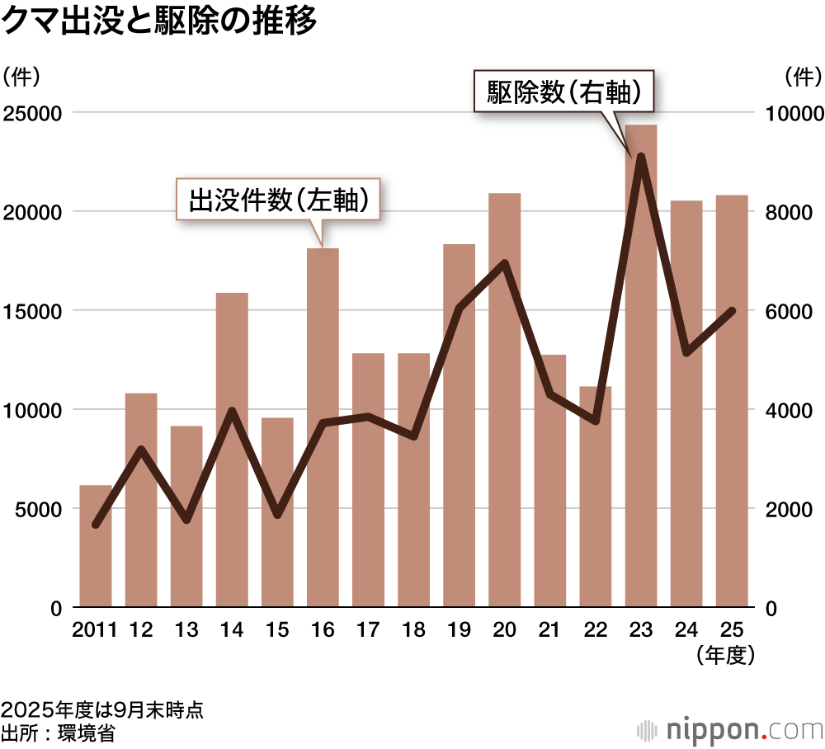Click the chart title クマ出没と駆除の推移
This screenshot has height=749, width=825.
(159, 22)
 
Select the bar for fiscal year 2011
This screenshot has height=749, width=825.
(96, 546)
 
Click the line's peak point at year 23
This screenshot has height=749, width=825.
(641, 156)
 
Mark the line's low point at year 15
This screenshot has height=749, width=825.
(277, 516)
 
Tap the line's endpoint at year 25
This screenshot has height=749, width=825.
(732, 311)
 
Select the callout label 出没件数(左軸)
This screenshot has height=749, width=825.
(278, 200)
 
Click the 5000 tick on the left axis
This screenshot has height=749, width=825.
(39, 509)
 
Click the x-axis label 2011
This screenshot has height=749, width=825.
(95, 631)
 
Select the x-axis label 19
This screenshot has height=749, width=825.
(460, 631)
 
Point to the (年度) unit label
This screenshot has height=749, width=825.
(726, 656)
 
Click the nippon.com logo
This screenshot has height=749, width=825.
(730, 730)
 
